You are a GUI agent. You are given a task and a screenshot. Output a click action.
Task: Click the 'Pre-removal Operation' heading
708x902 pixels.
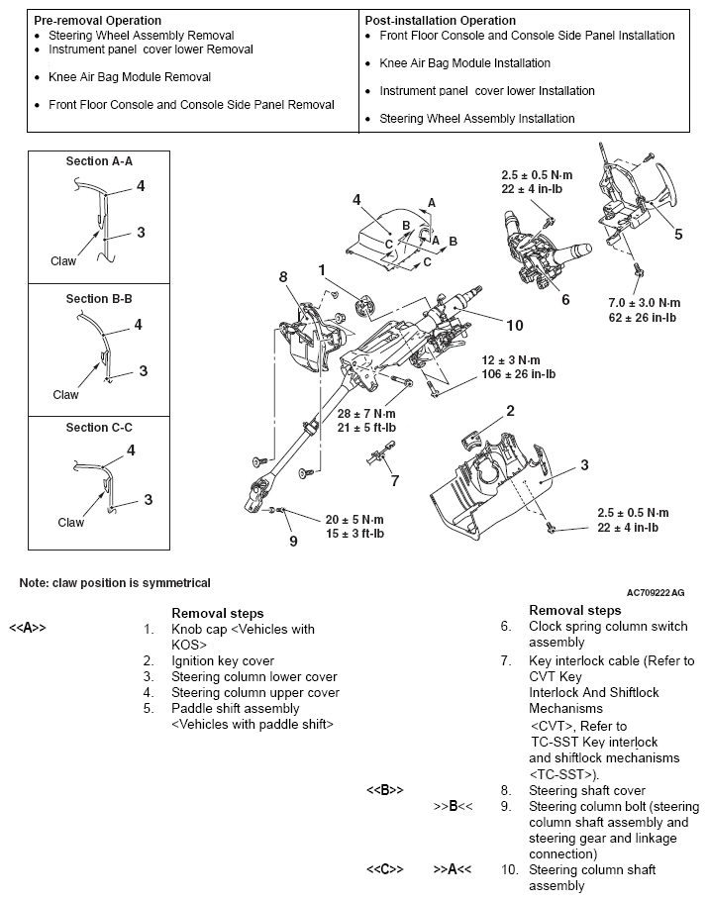(98, 21)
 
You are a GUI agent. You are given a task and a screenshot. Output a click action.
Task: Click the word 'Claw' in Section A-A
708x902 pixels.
(63, 261)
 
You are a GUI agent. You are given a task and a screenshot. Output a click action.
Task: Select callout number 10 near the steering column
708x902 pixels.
(514, 325)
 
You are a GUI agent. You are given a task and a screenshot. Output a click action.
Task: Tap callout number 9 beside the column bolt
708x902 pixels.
(292, 541)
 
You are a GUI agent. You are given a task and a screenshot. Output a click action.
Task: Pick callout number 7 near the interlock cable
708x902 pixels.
(394, 481)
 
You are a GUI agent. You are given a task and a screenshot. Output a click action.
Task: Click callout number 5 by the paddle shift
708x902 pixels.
(678, 235)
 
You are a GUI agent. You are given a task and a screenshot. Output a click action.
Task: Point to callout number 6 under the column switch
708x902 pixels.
(564, 299)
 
